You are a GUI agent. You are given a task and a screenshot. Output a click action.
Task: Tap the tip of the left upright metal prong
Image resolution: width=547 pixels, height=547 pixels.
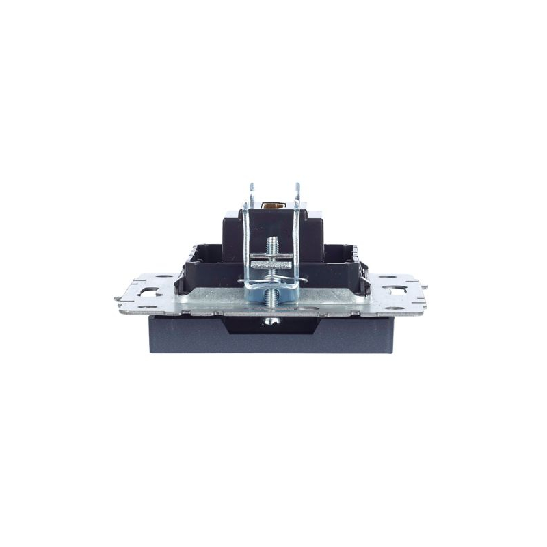[x=252, y=185]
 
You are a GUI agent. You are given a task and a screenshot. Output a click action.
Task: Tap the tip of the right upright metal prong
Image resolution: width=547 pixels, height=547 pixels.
[x=297, y=185]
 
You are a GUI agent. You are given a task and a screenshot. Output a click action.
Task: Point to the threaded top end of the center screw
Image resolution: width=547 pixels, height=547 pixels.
[x=273, y=240]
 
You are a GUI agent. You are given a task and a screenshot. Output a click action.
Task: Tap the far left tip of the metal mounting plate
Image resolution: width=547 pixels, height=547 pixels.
[x=116, y=298]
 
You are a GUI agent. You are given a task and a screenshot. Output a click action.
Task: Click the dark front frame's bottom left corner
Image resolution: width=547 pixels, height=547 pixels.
[x=152, y=351]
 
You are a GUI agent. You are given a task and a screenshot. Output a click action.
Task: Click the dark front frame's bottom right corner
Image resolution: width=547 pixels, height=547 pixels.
[x=395, y=351]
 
